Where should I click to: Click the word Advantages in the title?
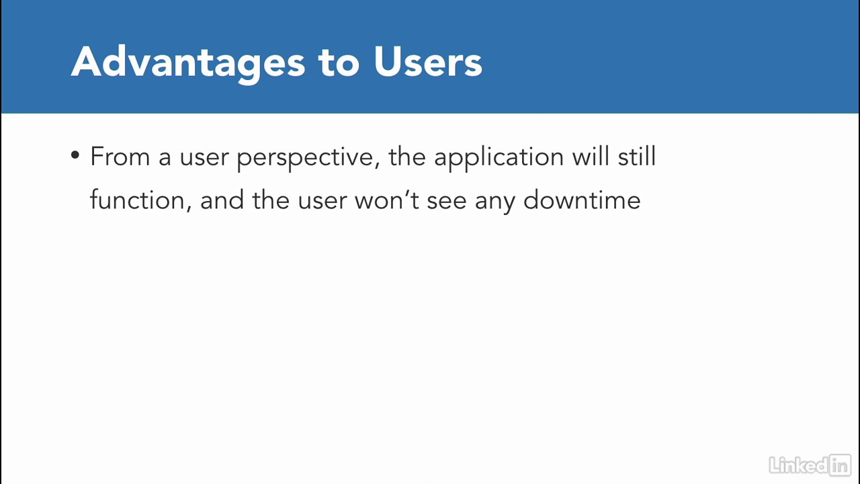[188, 63]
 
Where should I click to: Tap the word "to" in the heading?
[339, 63]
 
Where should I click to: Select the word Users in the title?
[428, 62]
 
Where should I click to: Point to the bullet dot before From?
[75, 155]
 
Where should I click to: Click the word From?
[120, 157]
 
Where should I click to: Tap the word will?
[591, 156]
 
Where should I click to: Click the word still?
[636, 156]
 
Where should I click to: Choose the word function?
[137, 200]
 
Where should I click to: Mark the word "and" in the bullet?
[222, 200]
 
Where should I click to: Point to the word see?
[447, 202]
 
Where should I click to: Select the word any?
[495, 204]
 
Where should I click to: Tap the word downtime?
[582, 200]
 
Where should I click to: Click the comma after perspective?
[377, 165]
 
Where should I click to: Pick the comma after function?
[189, 209]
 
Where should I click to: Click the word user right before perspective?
[204, 159]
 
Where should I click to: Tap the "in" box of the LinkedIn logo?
[840, 466]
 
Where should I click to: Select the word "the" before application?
[407, 157]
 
